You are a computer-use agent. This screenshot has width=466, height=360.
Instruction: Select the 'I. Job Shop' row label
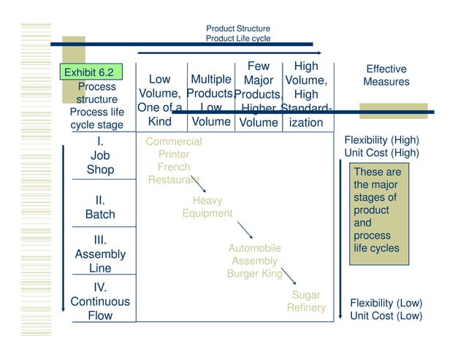[100, 156]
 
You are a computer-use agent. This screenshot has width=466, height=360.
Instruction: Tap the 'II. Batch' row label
[100, 207]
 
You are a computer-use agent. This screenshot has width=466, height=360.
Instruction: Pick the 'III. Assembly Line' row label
[100, 254]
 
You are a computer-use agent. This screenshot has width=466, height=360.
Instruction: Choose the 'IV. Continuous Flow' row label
[100, 302]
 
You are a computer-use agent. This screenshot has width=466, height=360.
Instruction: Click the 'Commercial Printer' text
[174, 148]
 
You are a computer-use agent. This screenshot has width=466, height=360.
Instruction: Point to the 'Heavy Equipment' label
[207, 207]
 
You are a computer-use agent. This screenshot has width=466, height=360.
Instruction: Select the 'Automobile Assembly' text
[254, 254]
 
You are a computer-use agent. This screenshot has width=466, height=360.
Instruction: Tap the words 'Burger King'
[254, 275]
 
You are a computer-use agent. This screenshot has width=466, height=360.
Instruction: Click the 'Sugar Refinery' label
[306, 302]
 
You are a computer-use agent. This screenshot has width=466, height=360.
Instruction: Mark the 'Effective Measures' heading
[386, 75]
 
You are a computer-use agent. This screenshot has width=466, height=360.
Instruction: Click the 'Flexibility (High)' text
[381, 139]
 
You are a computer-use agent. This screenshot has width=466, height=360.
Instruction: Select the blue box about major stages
[377, 210]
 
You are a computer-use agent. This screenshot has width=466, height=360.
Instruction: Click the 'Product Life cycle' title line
[238, 38]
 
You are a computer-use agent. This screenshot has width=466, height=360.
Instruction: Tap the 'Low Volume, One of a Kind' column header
[159, 100]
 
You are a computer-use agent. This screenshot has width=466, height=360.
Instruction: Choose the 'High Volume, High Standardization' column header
[305, 94]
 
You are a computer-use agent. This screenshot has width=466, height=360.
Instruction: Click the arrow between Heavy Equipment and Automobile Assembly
[246, 231]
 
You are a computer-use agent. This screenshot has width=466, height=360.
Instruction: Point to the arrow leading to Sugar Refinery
[289, 276]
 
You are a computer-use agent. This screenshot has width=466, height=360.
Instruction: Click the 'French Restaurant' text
[174, 173]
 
